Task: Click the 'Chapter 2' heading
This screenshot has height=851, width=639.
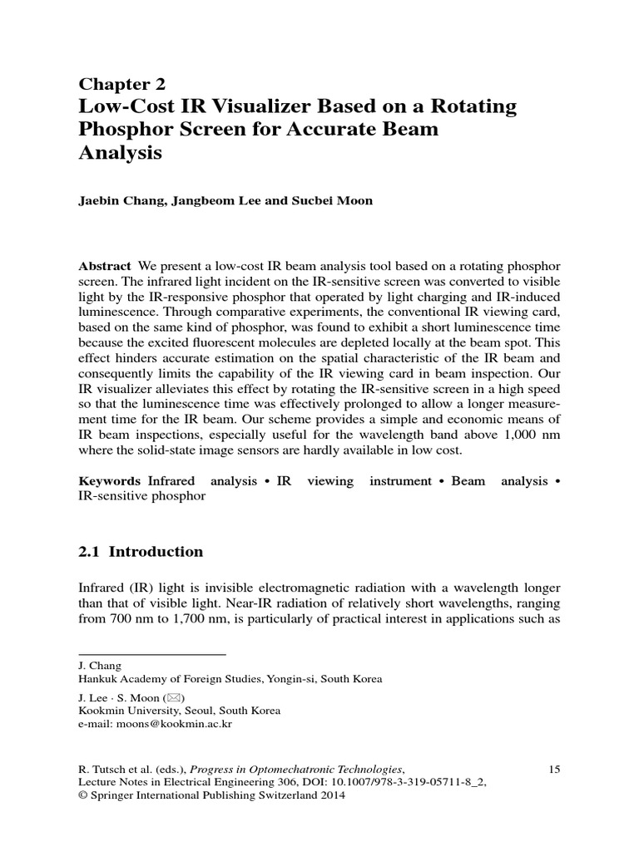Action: [x=122, y=83]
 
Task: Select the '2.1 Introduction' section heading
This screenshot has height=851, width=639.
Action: [x=141, y=552]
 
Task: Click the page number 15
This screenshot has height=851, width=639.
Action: [x=555, y=770]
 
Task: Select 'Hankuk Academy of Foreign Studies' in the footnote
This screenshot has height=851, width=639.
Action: [x=171, y=679]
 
